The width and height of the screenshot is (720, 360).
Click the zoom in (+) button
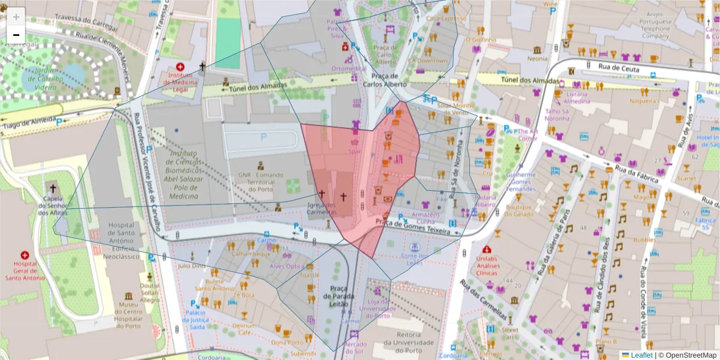click(x=16, y=16)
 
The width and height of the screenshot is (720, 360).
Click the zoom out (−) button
click(x=16, y=35)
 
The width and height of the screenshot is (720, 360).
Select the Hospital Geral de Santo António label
click(x=25, y=273)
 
